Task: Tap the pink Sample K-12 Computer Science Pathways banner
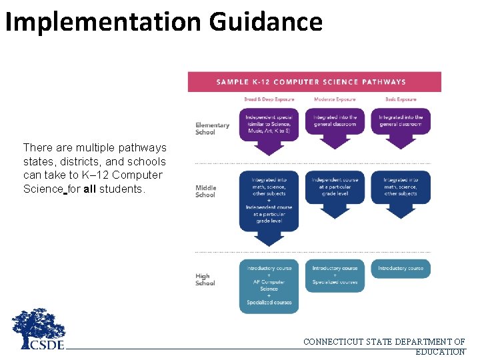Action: (314, 82)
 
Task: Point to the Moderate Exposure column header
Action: (335, 99)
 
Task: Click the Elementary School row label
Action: (212, 128)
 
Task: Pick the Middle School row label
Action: (205, 191)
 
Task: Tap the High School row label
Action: (205, 279)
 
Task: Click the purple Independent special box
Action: (269, 124)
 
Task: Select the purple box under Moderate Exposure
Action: (335, 123)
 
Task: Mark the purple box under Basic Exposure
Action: (400, 123)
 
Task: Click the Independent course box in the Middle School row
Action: (335, 187)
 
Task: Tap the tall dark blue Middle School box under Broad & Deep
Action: (269, 200)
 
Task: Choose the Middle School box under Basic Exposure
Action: (400, 187)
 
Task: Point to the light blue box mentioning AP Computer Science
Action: (269, 285)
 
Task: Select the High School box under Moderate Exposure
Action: (335, 275)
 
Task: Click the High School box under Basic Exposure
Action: (400, 269)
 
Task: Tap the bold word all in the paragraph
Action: (91, 189)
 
